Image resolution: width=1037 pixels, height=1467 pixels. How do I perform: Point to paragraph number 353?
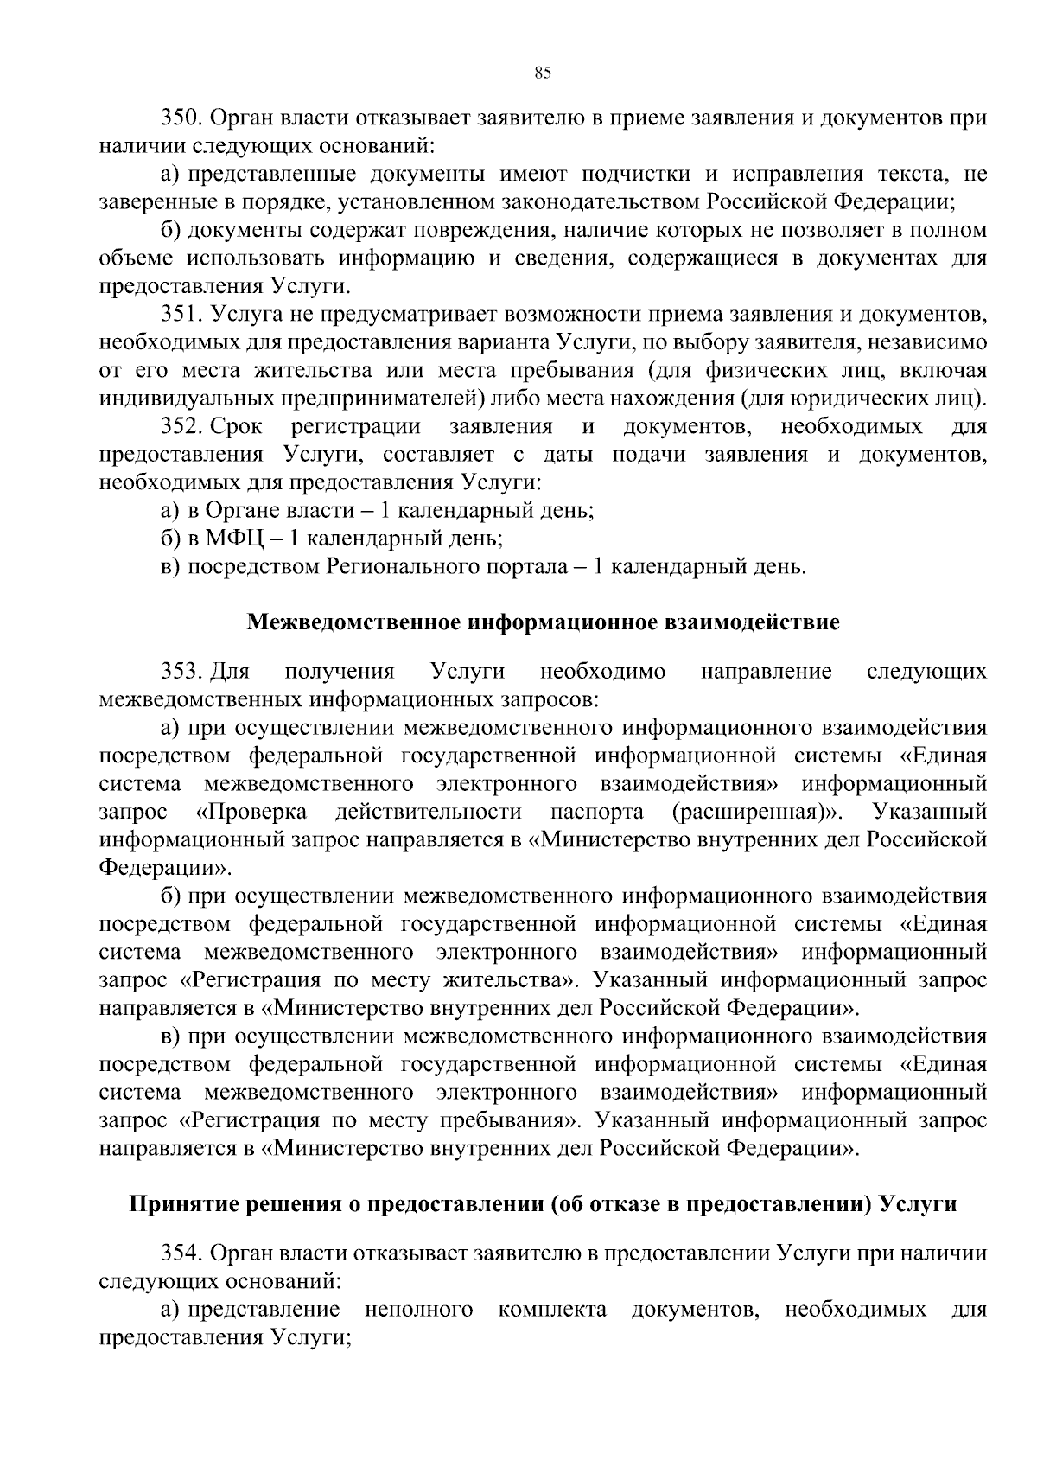[x=181, y=672]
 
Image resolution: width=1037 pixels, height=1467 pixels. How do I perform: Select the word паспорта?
[x=597, y=813]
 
